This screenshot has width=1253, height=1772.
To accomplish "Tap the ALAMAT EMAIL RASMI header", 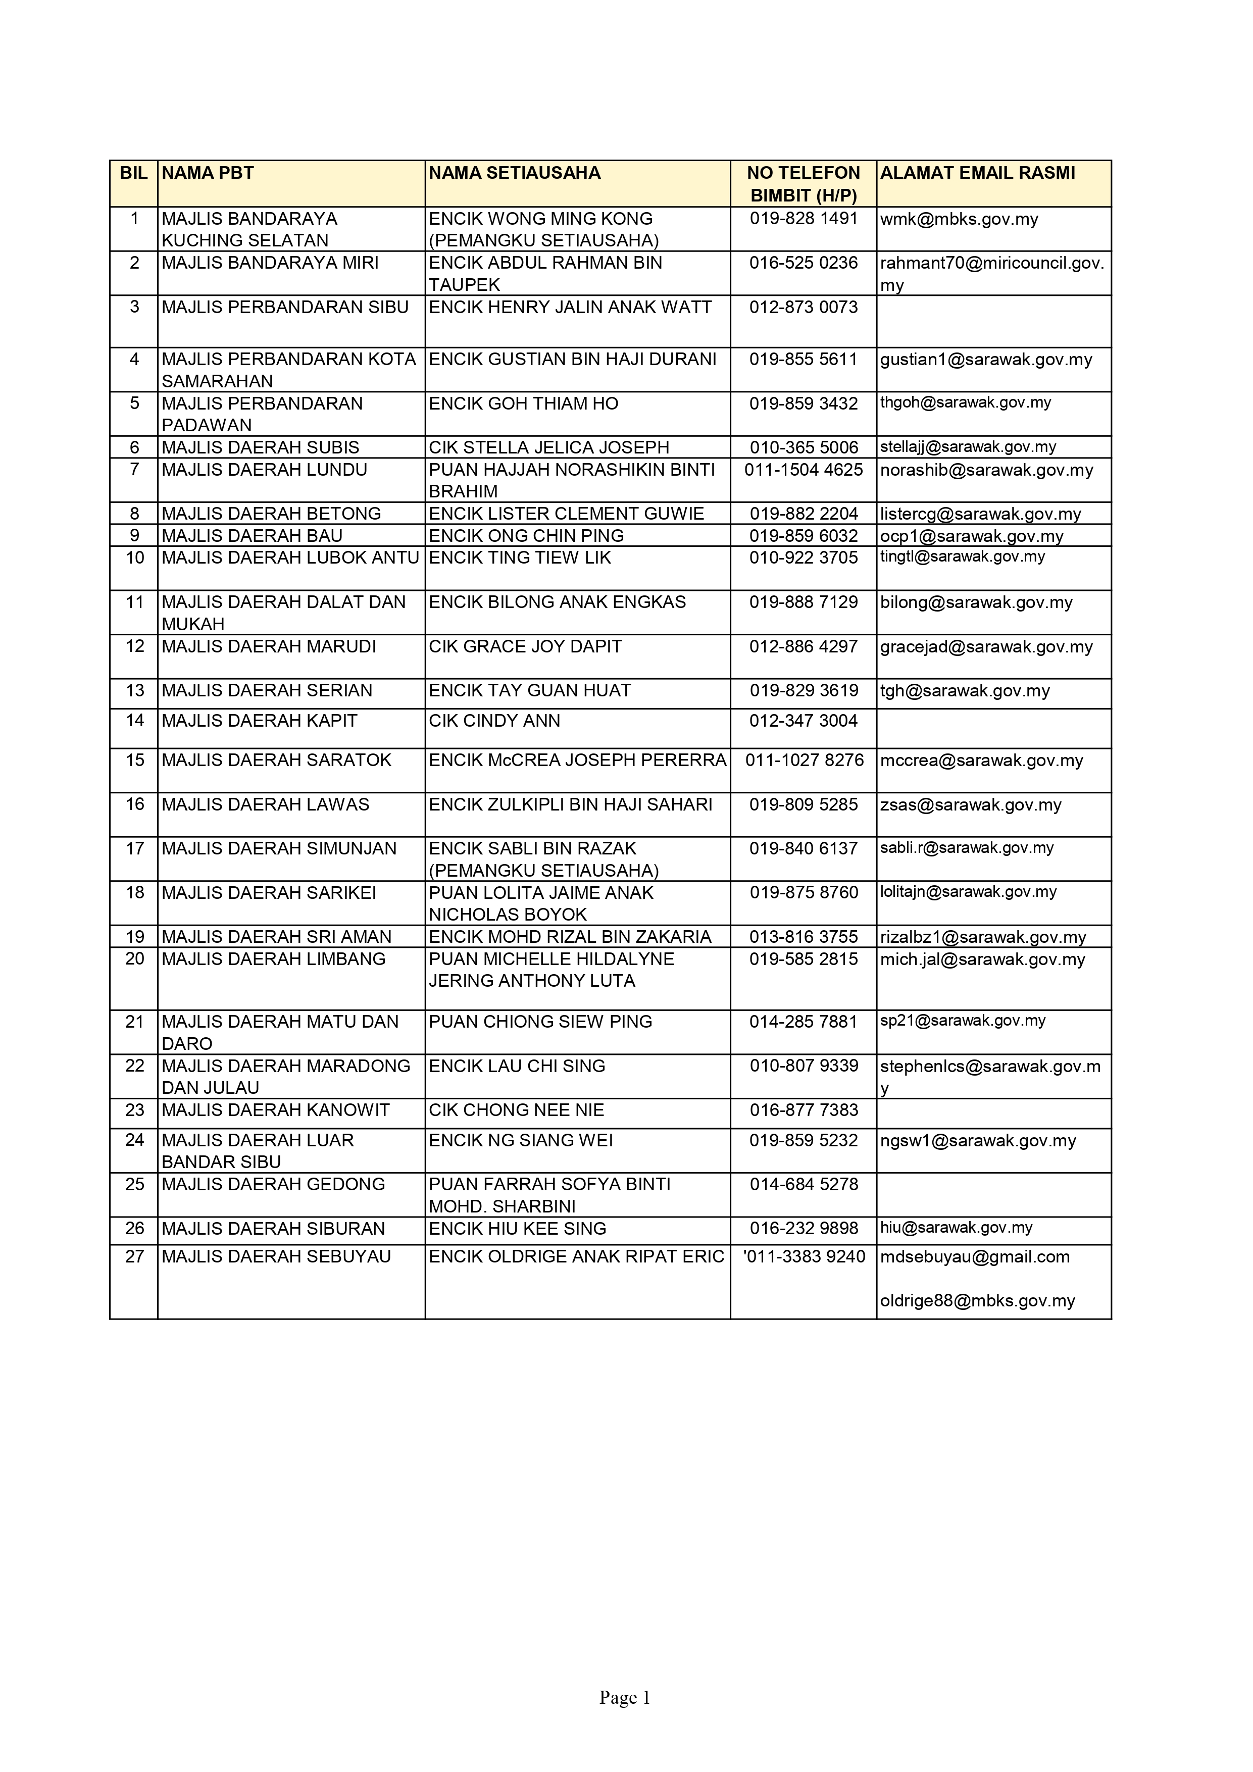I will (x=977, y=173).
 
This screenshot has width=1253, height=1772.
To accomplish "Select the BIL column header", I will (x=133, y=173).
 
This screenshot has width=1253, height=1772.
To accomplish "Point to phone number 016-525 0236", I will (x=803, y=263).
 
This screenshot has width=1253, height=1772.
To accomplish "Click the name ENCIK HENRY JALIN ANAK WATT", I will (x=570, y=307).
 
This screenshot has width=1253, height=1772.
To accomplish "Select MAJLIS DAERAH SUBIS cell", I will (x=260, y=447).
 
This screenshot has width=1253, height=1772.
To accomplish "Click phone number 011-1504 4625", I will (x=803, y=470).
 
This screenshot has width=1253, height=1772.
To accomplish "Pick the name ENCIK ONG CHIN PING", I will (x=526, y=536).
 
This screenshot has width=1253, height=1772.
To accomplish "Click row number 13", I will (x=134, y=691).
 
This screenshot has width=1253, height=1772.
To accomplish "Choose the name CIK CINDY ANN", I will (x=494, y=721).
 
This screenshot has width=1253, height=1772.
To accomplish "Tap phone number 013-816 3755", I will (x=803, y=937).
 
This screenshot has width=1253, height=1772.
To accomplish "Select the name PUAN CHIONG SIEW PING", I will (x=540, y=1022).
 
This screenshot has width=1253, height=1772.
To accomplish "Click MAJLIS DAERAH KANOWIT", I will (x=276, y=1110).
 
